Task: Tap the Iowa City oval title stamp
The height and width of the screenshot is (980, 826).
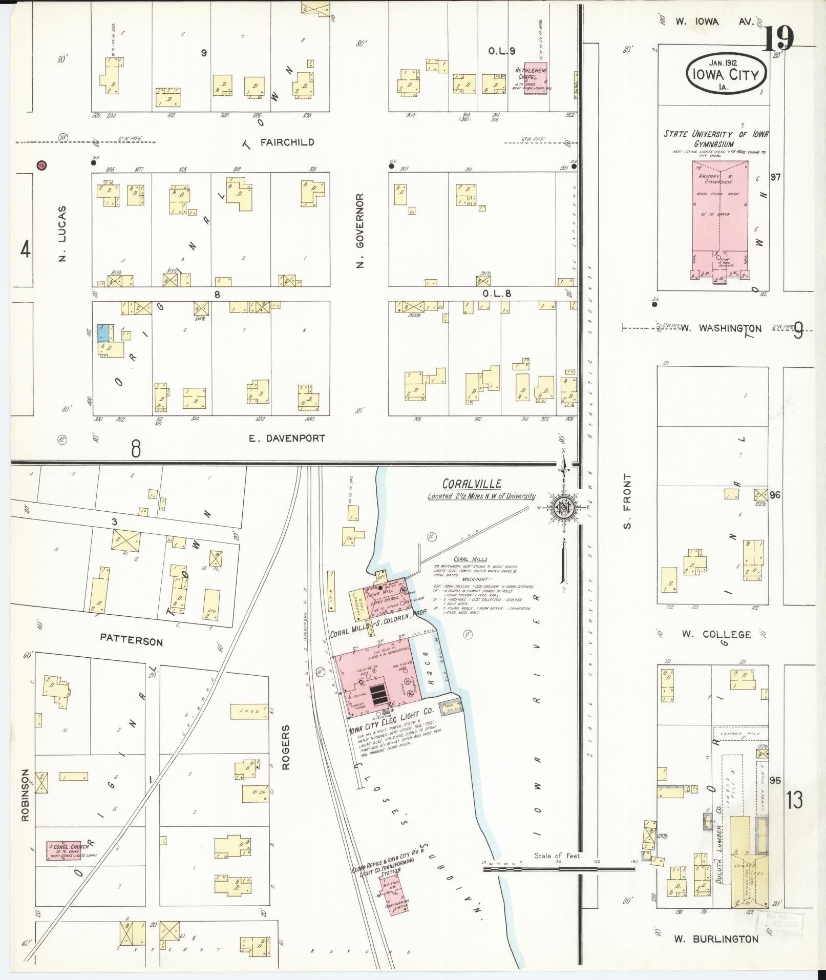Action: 727,75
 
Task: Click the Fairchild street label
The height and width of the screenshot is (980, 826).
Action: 287,142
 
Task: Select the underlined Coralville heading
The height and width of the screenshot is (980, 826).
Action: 472,484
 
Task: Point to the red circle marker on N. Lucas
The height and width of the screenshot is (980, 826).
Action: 41,165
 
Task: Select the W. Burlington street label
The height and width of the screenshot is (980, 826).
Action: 716,939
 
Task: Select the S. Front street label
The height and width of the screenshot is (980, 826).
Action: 628,501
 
